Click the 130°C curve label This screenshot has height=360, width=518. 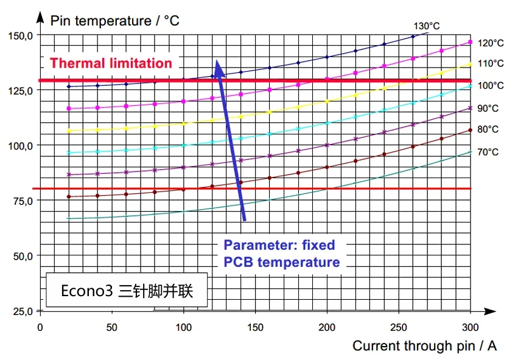[427, 26]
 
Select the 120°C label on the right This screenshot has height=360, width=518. [490, 43]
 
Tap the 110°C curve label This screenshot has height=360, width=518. [490, 63]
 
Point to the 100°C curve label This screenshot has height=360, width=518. [490, 86]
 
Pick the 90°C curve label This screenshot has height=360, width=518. [488, 108]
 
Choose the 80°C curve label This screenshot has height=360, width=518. [488, 130]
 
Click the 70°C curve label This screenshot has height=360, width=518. [488, 152]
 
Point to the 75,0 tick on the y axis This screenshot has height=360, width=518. [22, 201]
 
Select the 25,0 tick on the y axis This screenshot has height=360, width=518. [22, 311]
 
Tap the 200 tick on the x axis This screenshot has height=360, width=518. [327, 327]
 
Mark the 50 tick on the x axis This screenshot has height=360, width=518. [111, 327]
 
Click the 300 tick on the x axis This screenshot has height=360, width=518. [471, 327]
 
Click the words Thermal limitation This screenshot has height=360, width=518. [111, 63]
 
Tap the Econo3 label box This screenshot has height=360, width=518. [127, 291]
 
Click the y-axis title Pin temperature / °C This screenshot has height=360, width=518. [114, 21]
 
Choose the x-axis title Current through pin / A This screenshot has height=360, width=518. [424, 346]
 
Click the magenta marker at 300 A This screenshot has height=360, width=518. [471, 42]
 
